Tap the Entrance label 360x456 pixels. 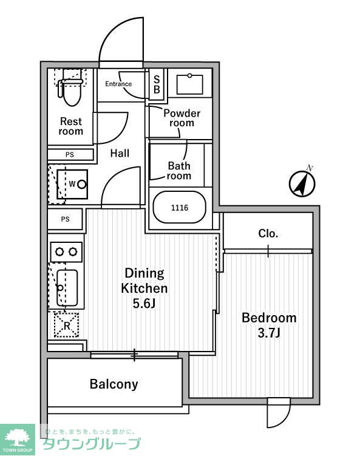click(118, 84)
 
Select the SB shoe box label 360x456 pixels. click(157, 84)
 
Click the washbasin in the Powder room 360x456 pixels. click(189, 84)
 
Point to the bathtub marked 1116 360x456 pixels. click(180, 207)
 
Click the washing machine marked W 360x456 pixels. click(72, 184)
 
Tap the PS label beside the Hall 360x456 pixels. click(69, 155)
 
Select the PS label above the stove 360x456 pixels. click(65, 219)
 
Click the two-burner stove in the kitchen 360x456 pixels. click(66, 251)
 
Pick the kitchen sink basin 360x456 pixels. click(67, 288)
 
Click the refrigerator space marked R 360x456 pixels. click(67, 325)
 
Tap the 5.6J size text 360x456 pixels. click(144, 304)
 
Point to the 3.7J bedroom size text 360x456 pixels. click(269, 333)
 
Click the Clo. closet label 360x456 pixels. click(268, 233)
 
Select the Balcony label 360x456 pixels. click(114, 384)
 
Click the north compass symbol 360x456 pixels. click(302, 184)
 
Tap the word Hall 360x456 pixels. click(120, 153)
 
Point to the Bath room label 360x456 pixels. click(179, 171)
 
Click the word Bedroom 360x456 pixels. click(269, 318)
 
